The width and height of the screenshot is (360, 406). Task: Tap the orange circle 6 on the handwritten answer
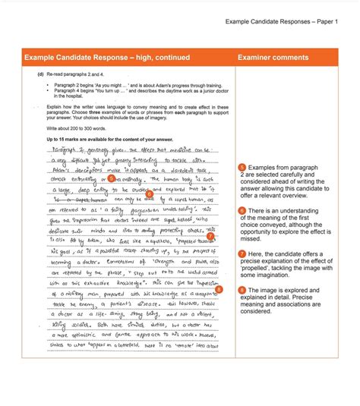148,194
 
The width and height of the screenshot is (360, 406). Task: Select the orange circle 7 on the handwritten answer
210,236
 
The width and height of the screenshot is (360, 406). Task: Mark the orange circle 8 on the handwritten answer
219,288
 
